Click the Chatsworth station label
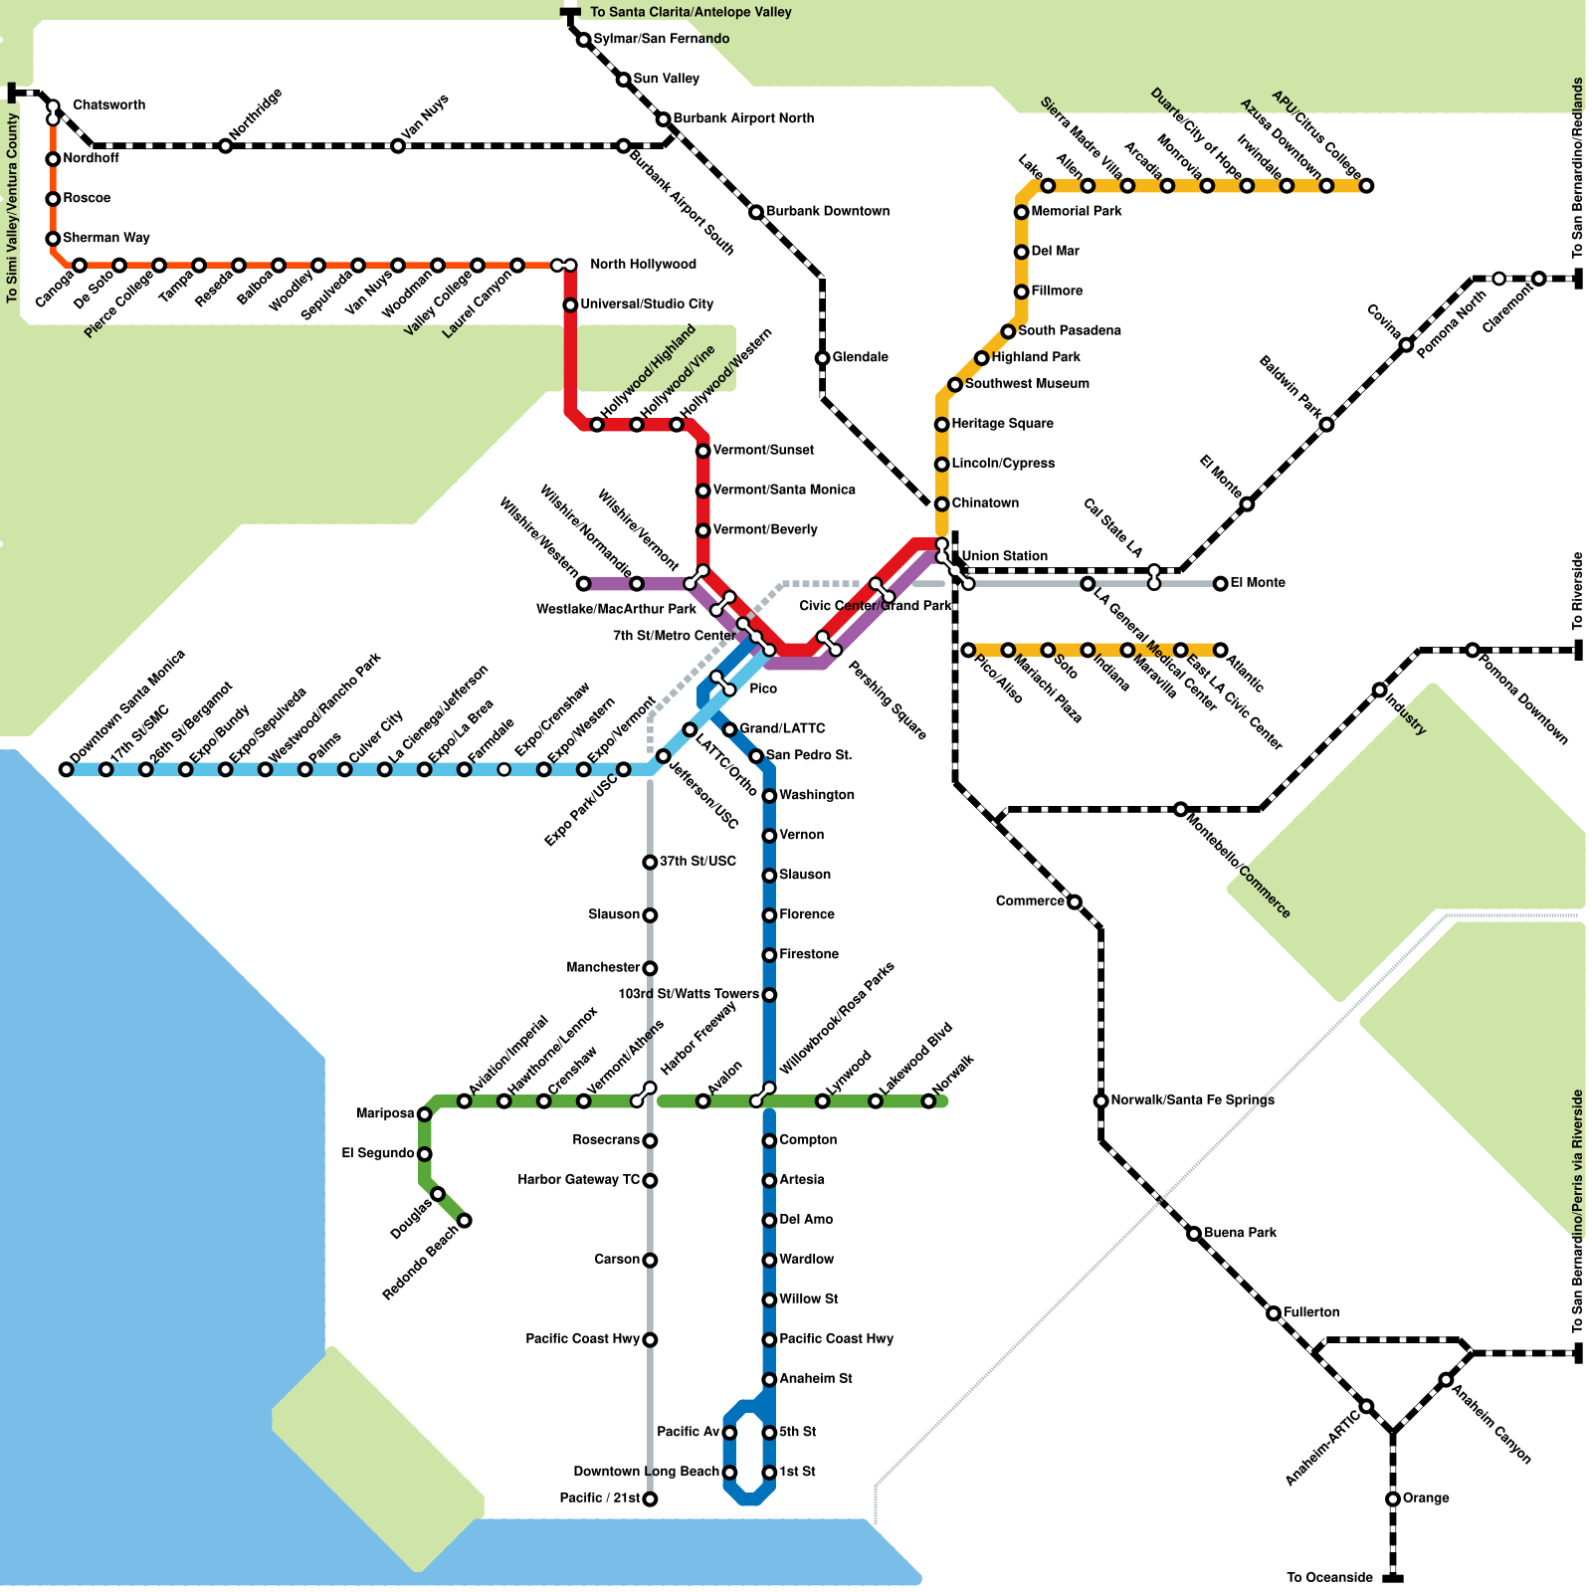pyautogui.click(x=109, y=104)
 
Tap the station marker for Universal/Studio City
pyautogui.click(x=570, y=305)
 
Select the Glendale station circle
pyautogui.click(x=822, y=358)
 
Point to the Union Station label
pyautogui.click(x=1005, y=556)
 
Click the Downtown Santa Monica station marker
pyautogui.click(x=66, y=769)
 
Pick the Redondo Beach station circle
pyautogui.click(x=464, y=1221)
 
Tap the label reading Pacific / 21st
pyautogui.click(x=599, y=1498)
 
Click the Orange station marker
pyautogui.click(x=1393, y=1499)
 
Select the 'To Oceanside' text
pyautogui.click(x=1329, y=1577)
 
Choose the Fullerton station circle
pyautogui.click(x=1274, y=1313)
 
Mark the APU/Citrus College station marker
pyautogui.click(x=1366, y=186)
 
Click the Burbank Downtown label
pyautogui.click(x=828, y=211)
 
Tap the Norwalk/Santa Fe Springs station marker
pyautogui.click(x=1100, y=1101)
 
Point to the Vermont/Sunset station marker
pyautogui.click(x=702, y=451)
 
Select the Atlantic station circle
pyautogui.click(x=1220, y=650)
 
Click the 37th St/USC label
pyautogui.click(x=697, y=861)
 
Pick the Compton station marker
pyautogui.click(x=769, y=1141)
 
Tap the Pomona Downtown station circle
pyautogui.click(x=1473, y=650)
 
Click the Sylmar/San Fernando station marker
pyautogui.click(x=583, y=40)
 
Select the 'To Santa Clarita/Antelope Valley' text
pyautogui.click(x=692, y=12)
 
